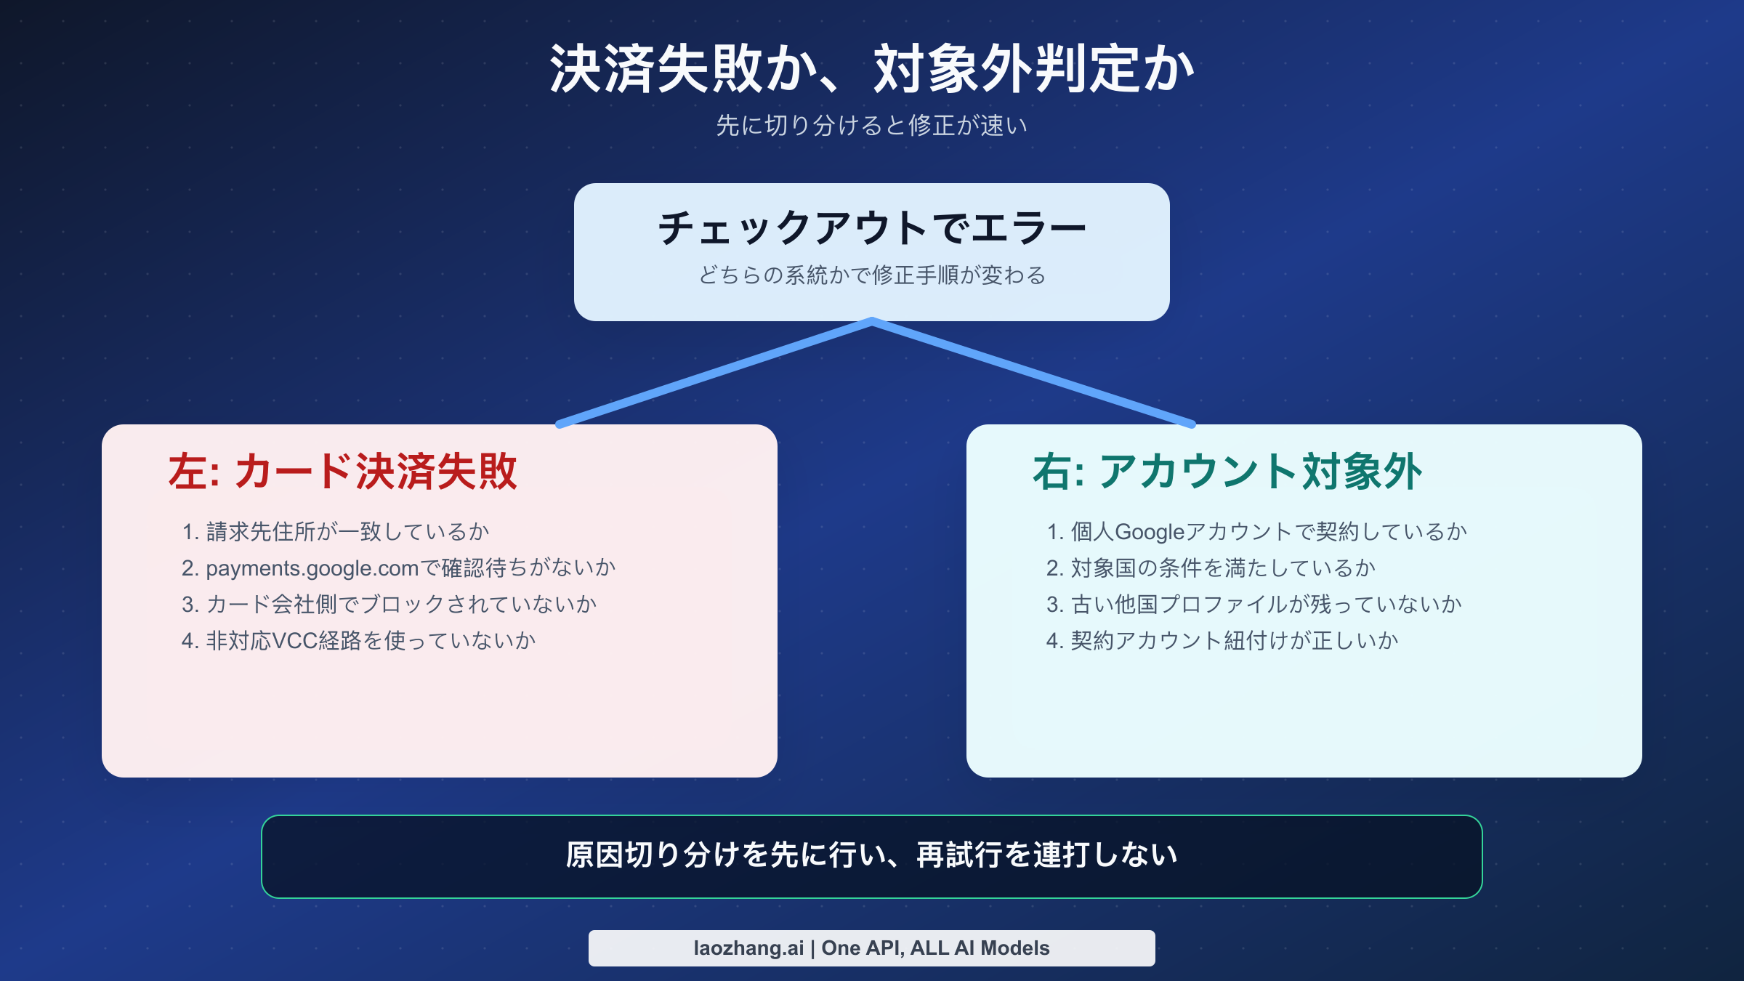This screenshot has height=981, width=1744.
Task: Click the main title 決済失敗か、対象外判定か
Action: click(872, 69)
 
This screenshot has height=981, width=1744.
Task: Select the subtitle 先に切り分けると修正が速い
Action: click(872, 126)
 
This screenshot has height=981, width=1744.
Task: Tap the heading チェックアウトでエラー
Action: click(872, 228)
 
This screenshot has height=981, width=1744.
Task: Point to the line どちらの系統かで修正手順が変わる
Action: click(872, 275)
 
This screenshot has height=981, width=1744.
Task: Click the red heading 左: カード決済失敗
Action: click(342, 472)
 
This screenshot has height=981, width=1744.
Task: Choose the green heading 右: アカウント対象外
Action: click(1227, 472)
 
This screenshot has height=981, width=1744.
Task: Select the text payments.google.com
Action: click(312, 568)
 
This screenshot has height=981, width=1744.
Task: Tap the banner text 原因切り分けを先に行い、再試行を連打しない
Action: click(872, 855)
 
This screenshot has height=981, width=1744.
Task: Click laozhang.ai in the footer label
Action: click(748, 948)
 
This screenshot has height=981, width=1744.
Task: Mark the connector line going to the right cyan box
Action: click(1032, 373)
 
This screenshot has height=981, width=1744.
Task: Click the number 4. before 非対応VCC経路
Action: click(190, 641)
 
